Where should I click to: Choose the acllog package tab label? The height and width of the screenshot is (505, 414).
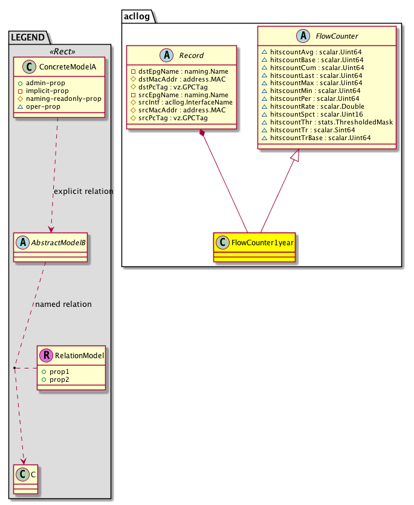138,16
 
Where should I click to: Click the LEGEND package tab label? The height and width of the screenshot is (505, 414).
28,37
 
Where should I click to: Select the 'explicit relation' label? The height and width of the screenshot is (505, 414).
83,191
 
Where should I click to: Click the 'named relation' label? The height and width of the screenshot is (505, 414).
63,304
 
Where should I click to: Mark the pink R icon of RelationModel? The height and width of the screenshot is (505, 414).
47,356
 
